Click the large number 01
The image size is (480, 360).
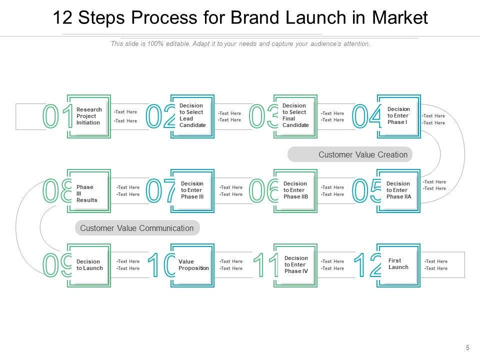click(x=57, y=116)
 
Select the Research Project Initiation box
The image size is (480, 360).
click(x=89, y=116)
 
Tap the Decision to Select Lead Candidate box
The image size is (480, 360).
click(x=192, y=115)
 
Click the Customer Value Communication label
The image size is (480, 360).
click(x=136, y=228)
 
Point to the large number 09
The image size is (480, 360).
click(x=56, y=265)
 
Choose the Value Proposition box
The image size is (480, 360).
click(x=193, y=265)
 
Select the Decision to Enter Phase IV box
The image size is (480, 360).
click(x=296, y=265)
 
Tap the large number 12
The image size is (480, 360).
click(x=367, y=265)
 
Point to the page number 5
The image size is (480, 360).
click(x=467, y=347)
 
